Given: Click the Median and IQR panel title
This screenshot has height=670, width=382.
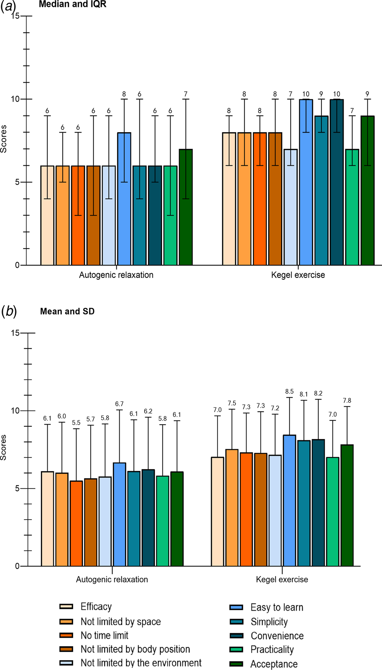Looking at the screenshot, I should tap(72, 5).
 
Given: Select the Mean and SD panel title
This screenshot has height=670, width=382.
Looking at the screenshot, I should tap(67, 311).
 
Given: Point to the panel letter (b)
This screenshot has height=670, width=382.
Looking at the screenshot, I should tap(8, 312).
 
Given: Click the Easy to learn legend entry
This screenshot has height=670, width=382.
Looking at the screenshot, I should tap(276, 607).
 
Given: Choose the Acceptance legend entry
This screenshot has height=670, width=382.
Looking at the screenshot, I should tap(274, 664).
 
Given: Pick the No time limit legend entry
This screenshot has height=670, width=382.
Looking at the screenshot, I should tap(104, 635).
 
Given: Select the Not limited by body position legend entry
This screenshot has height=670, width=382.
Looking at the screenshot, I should tap(135, 649).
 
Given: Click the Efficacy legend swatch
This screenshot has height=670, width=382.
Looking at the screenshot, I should tap(66, 607).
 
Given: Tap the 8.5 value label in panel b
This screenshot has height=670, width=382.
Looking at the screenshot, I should tap(289, 391).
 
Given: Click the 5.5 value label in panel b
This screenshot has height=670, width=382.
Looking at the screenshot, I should tap(76, 423).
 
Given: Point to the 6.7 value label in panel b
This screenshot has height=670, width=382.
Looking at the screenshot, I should tap(119, 404).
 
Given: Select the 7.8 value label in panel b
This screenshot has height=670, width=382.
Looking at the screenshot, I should tap(347, 401).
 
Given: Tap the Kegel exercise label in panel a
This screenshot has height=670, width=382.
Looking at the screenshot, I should tap(298, 275).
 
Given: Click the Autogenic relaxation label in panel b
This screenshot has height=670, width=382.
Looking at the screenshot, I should tap(112, 579).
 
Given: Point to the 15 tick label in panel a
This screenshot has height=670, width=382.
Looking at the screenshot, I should tap(15, 16).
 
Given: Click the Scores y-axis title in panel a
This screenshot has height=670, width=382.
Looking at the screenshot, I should tap(4, 139).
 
